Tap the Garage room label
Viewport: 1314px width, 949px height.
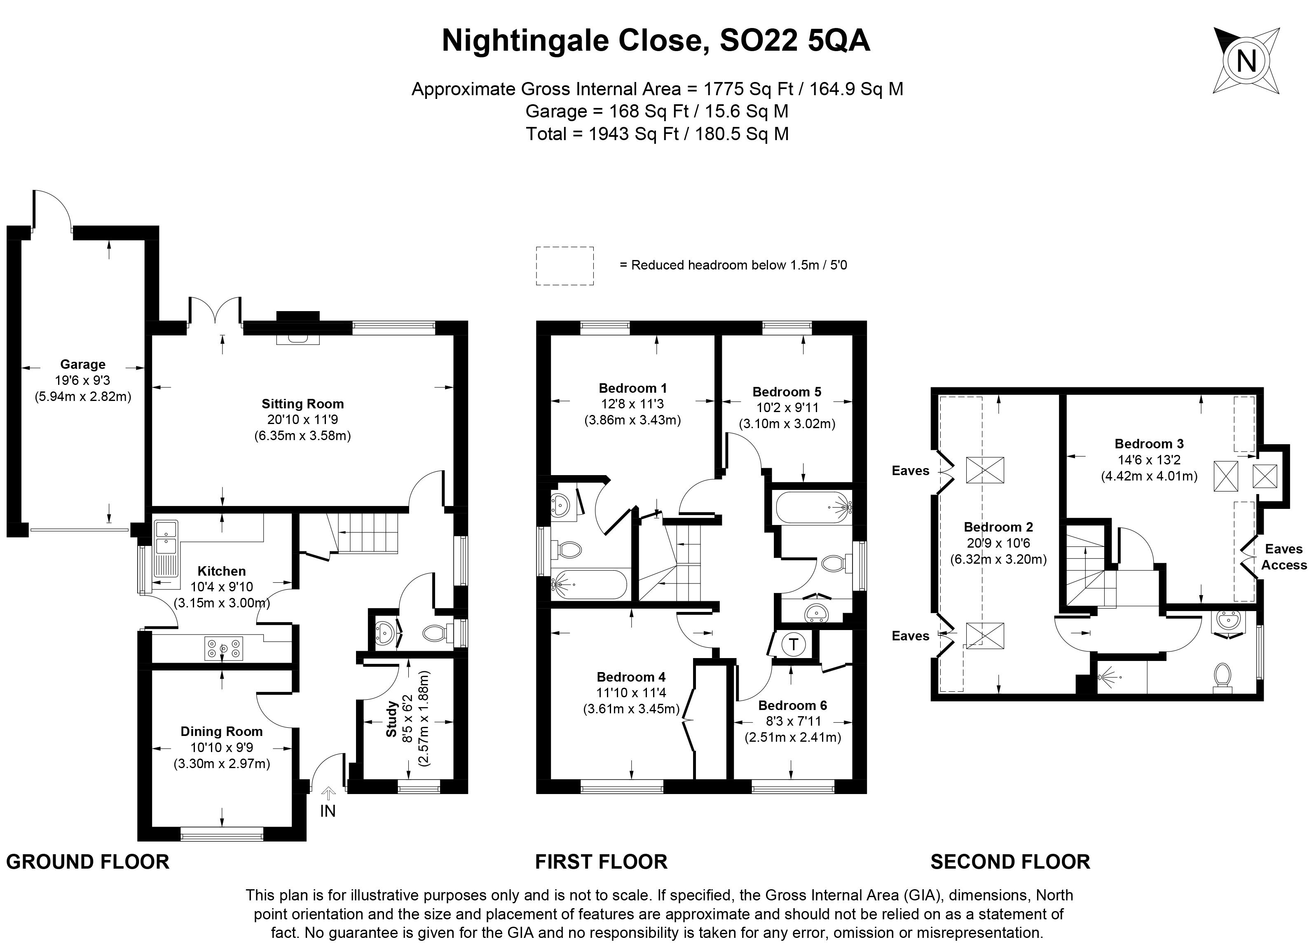coord(83,364)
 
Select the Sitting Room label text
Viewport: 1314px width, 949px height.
coord(302,404)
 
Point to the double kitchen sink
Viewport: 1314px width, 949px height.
coord(166,537)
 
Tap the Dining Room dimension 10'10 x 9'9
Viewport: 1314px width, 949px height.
coord(222,748)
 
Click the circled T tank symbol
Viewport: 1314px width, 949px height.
coord(794,644)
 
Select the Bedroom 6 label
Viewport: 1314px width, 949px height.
coord(793,705)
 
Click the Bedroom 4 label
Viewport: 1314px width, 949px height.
coord(631,677)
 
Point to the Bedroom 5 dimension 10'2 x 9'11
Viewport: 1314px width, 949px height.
coord(787,407)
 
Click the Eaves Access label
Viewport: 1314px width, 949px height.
coord(1284,557)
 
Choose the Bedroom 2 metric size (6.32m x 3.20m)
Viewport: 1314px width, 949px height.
coord(998,560)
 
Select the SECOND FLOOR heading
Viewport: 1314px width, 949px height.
coord(1010,862)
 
